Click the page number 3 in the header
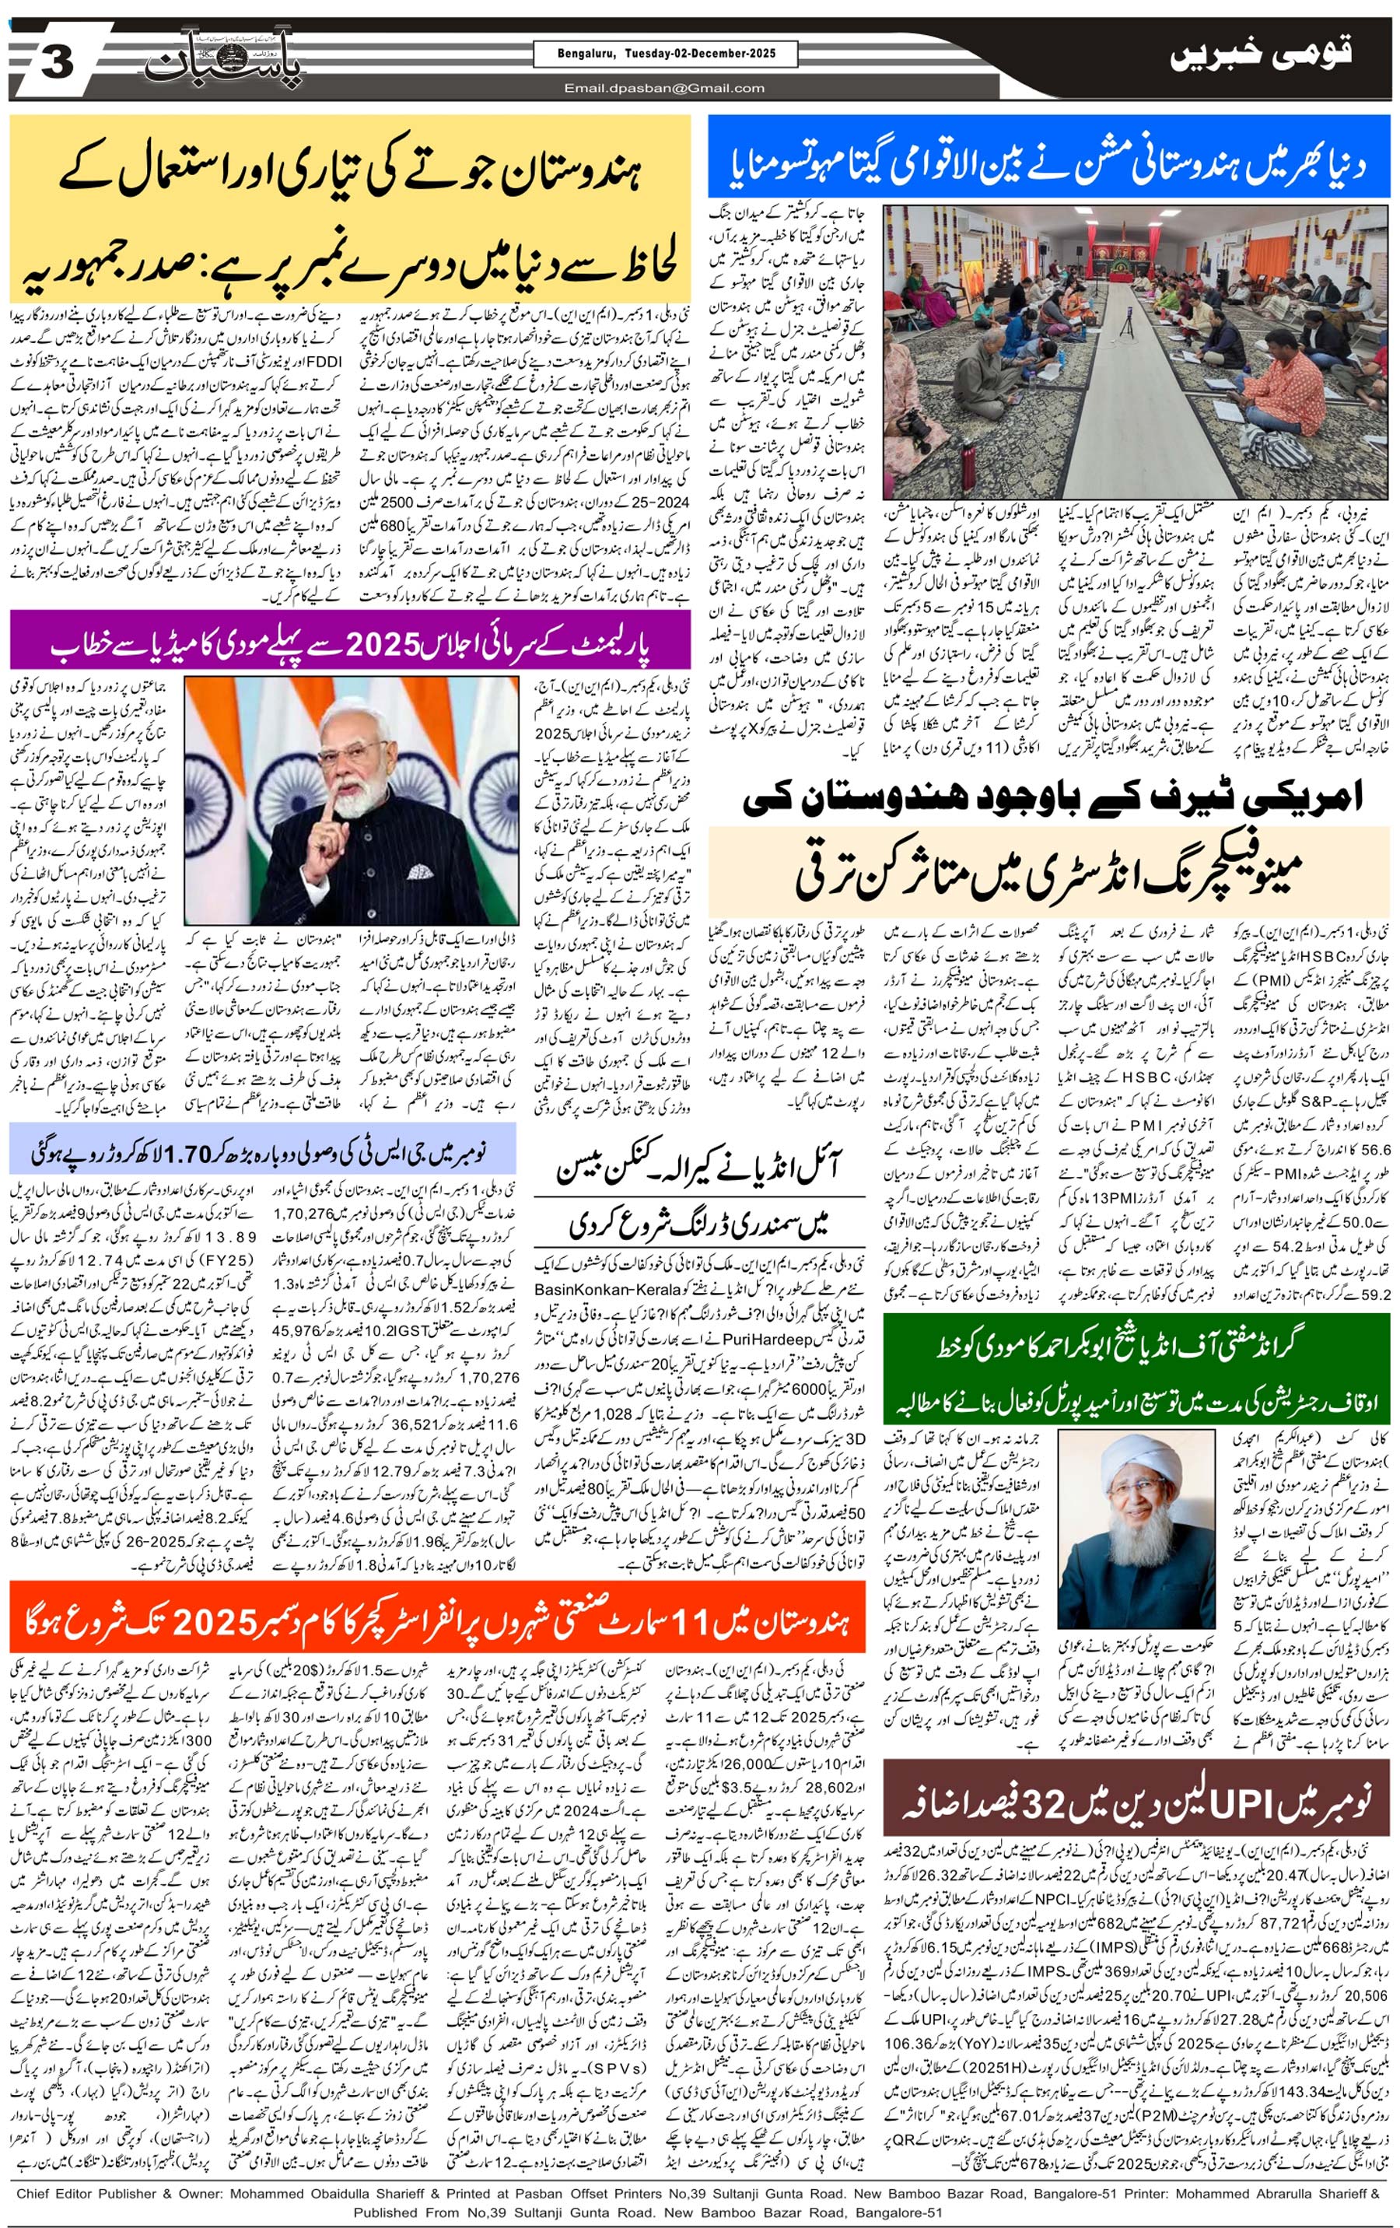(x=57, y=63)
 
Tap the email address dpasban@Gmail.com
(x=664, y=89)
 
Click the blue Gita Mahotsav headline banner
(x=1048, y=157)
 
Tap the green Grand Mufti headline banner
(x=1136, y=1371)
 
